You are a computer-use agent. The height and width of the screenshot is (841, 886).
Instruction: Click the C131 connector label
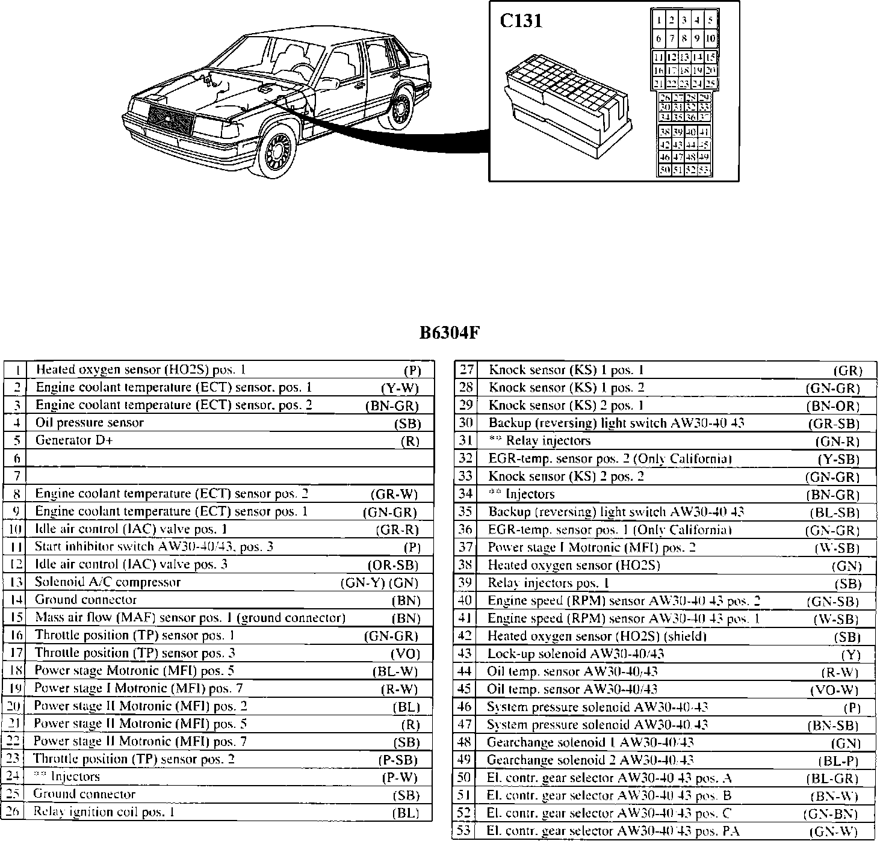[x=521, y=21]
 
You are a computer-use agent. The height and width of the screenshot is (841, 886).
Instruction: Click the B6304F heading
[x=449, y=333]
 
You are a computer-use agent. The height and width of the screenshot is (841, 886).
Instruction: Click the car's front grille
[x=171, y=119]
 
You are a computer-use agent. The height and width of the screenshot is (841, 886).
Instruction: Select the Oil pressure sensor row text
[x=90, y=422]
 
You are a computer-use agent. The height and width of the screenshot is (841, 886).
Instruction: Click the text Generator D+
[x=74, y=440]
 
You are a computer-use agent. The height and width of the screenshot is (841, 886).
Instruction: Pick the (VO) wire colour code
[x=404, y=653]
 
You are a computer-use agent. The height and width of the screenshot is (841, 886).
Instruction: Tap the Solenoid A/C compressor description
[x=108, y=582]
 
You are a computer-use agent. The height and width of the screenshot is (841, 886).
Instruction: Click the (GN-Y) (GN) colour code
[x=379, y=582]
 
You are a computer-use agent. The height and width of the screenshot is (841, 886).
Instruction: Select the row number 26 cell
[x=13, y=812]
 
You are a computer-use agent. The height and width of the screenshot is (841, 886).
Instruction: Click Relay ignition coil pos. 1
[x=104, y=812]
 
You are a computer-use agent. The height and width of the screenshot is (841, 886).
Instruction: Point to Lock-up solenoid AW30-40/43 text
[x=576, y=654]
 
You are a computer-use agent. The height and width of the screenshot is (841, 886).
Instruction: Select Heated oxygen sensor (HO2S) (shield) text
[x=596, y=636]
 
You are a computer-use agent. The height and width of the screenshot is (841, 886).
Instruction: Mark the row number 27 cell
[x=466, y=370]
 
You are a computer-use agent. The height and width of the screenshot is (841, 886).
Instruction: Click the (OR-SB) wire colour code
[x=392, y=565]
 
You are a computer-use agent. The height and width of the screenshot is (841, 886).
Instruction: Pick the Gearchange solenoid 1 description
[x=590, y=742]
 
